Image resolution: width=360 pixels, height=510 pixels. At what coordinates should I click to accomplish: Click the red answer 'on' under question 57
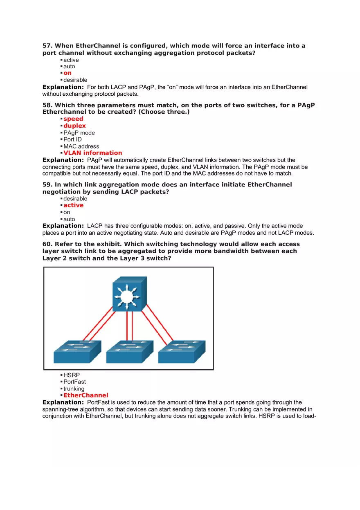[67, 73]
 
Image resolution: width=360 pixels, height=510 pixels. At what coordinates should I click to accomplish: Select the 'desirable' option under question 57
[75, 80]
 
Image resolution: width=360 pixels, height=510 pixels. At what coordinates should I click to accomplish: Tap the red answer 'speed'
[73, 119]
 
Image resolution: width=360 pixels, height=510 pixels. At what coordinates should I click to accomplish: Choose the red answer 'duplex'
[74, 126]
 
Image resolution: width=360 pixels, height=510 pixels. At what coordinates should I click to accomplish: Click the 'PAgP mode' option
[79, 133]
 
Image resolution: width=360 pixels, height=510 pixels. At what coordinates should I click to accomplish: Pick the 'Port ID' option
[72, 139]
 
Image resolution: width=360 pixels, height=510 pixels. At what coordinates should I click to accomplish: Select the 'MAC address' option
[81, 146]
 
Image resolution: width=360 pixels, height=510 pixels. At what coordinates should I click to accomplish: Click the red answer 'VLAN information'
[92, 153]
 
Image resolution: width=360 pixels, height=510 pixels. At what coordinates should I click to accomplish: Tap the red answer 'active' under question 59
[73, 205]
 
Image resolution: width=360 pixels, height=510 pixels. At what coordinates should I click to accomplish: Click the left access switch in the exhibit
[77, 352]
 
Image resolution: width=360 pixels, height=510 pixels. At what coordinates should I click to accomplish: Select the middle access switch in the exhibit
[130, 352]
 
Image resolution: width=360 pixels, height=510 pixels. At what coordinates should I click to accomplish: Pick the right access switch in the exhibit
[182, 352]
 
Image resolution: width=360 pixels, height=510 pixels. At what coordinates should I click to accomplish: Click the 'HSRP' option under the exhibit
[72, 375]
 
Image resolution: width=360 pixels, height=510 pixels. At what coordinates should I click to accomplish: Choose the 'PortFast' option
[74, 382]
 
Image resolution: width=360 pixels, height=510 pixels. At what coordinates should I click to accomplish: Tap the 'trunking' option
[74, 389]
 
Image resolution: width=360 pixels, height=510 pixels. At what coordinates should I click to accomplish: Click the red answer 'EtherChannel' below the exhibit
[86, 395]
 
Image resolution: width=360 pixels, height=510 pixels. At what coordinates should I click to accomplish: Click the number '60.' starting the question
[47, 244]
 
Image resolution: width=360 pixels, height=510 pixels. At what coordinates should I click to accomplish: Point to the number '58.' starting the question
[47, 106]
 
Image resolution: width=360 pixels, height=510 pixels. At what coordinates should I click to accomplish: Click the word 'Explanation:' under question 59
[63, 226]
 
